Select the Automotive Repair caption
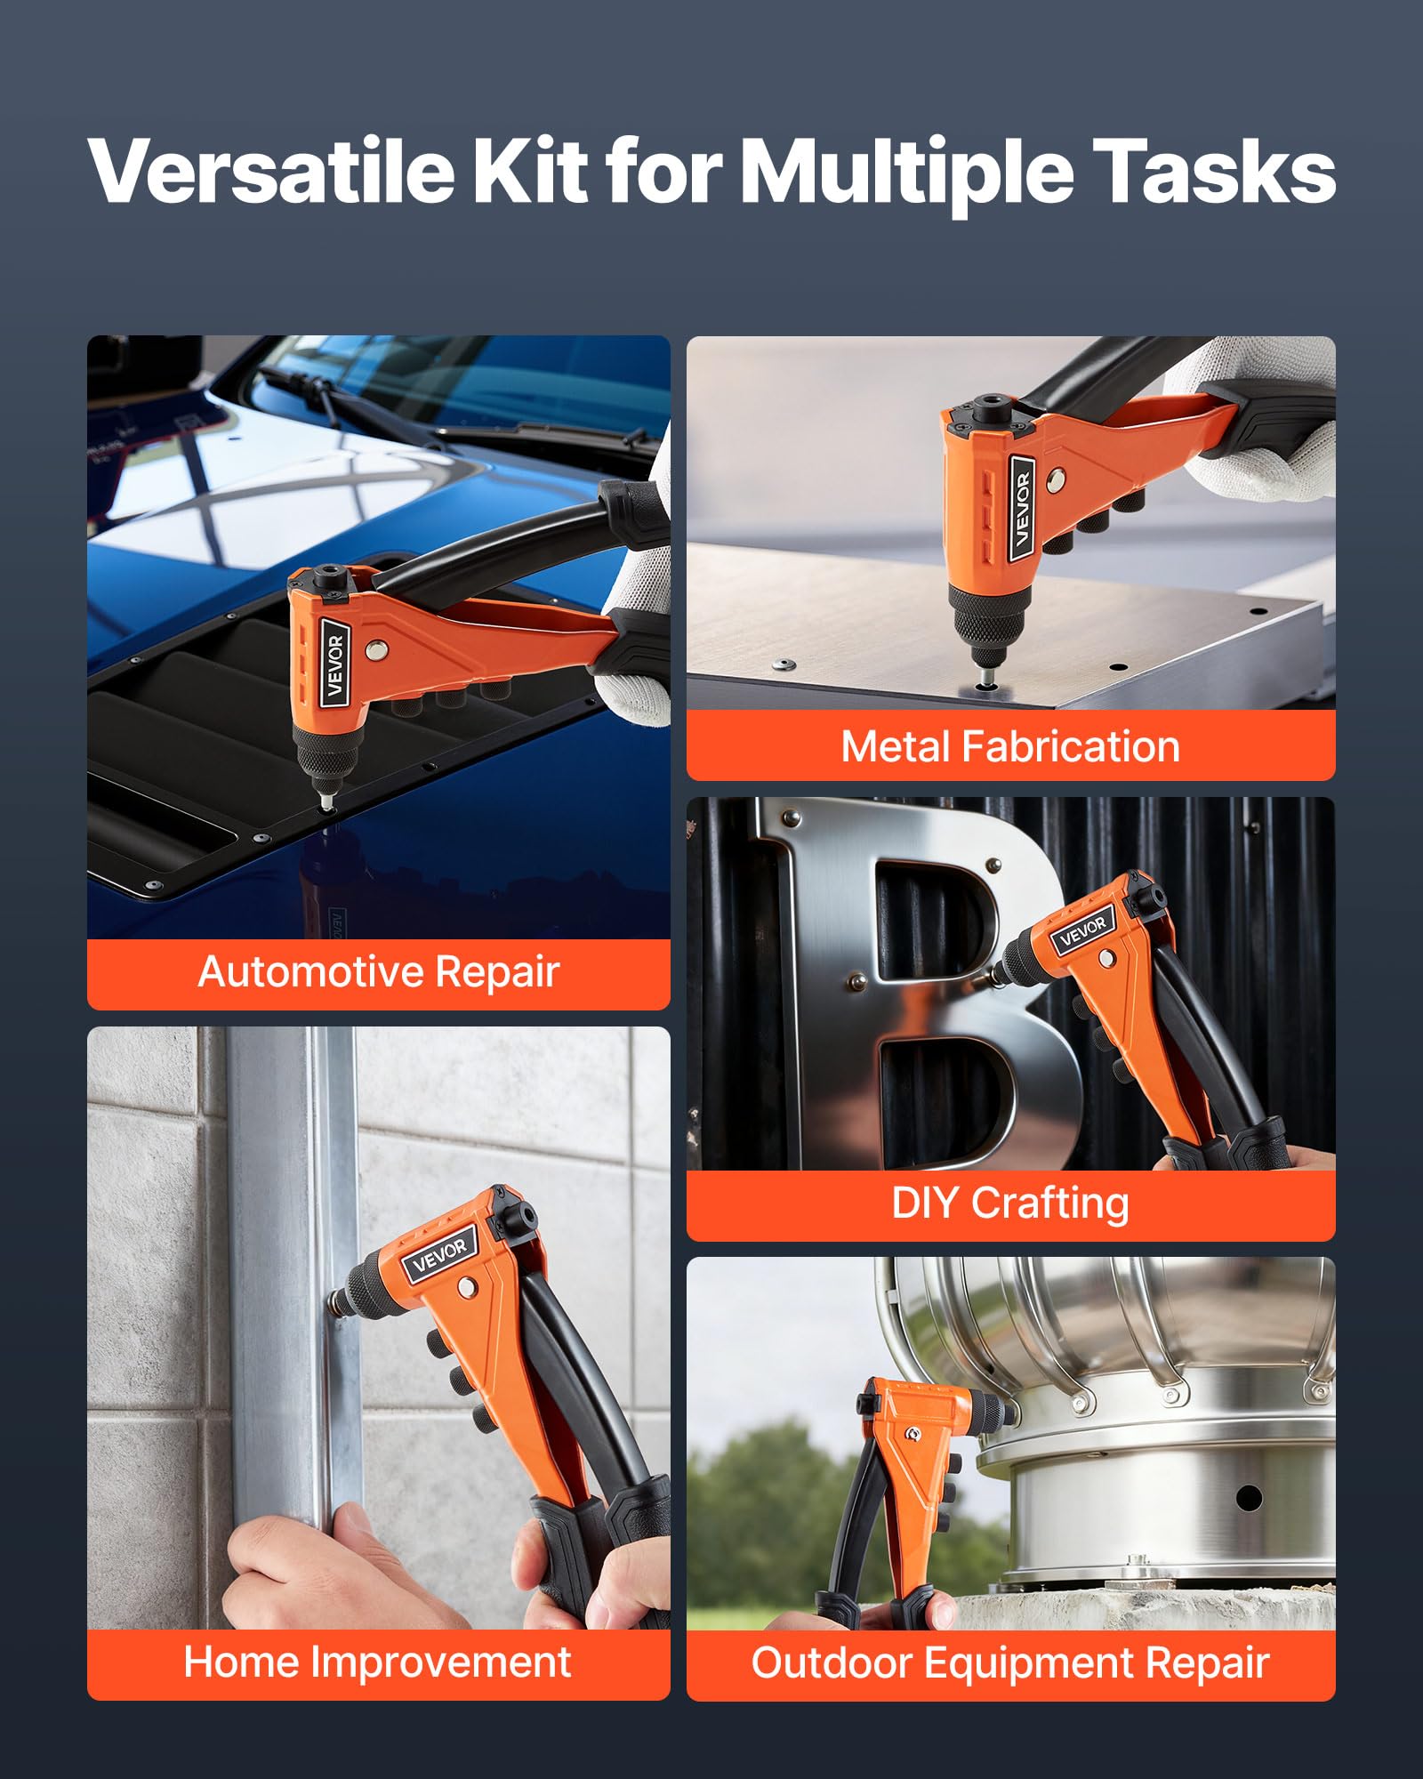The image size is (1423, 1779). tap(379, 971)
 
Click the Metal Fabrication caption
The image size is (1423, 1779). tap(1010, 746)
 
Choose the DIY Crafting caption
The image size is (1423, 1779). tap(1010, 1203)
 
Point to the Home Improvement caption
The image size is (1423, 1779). tap(377, 1662)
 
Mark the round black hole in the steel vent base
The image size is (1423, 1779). tap(1249, 1498)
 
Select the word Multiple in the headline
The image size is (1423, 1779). tap(906, 171)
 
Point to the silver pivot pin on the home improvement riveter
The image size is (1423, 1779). tap(465, 1288)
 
